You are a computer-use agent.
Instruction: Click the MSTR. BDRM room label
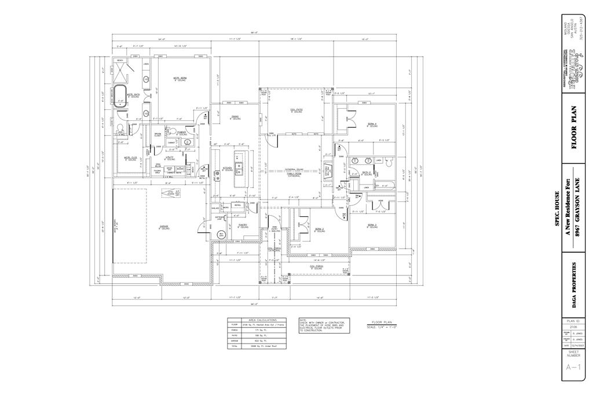(180, 79)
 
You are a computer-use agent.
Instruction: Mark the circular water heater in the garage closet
(222, 234)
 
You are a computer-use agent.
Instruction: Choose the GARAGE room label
(164, 227)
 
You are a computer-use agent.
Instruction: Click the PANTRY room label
(244, 226)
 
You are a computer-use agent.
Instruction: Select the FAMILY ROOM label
(294, 173)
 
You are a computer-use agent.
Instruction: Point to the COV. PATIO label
(296, 110)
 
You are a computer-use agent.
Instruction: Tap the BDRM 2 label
(320, 230)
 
